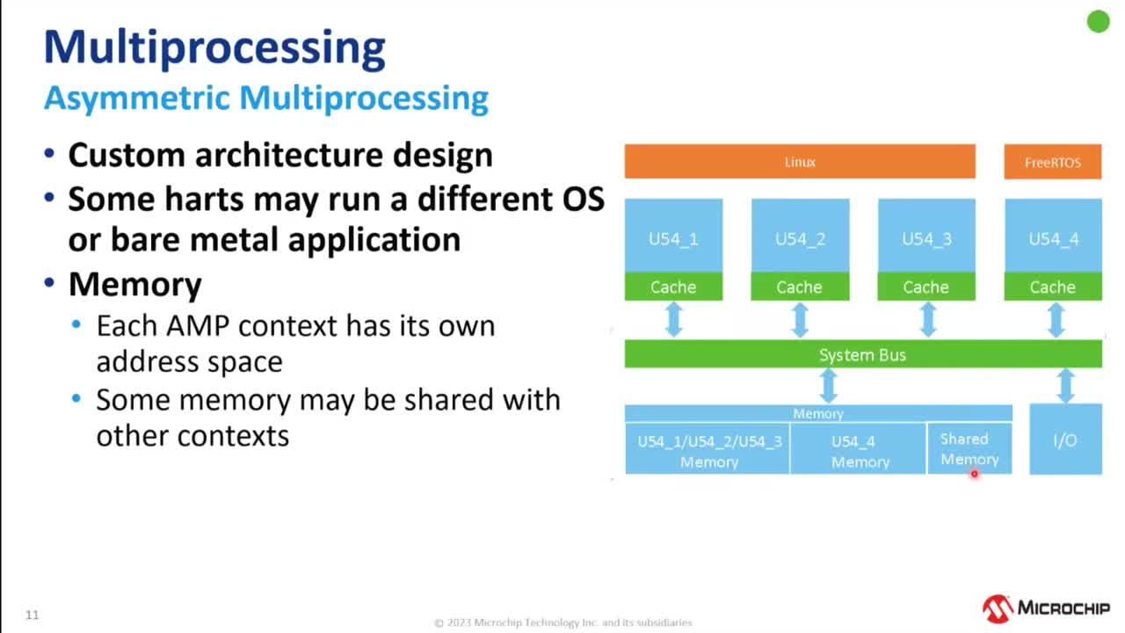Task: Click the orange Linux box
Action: tap(800, 162)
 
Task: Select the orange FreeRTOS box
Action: tap(1052, 162)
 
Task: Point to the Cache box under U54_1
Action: tap(673, 287)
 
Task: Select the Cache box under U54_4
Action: tap(1052, 287)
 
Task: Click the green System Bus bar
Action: tap(862, 354)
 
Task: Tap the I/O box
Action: tap(1065, 440)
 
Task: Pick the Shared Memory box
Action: tap(969, 449)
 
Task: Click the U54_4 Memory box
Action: tap(860, 450)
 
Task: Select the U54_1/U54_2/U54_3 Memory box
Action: tap(708, 450)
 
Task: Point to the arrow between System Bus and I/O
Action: tap(1065, 386)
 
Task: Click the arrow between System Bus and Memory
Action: tap(828, 386)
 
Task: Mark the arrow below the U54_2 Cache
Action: tap(800, 320)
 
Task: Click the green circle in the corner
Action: tap(1098, 22)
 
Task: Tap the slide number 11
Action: tap(33, 615)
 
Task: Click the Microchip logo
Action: tap(1046, 608)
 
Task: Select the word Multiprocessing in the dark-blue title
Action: tap(214, 47)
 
